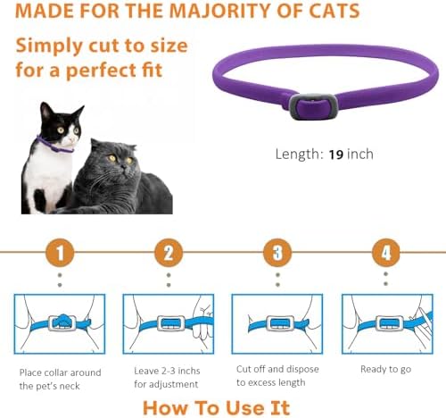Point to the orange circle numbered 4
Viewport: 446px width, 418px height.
385,254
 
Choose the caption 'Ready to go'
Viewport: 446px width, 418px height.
385,368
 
